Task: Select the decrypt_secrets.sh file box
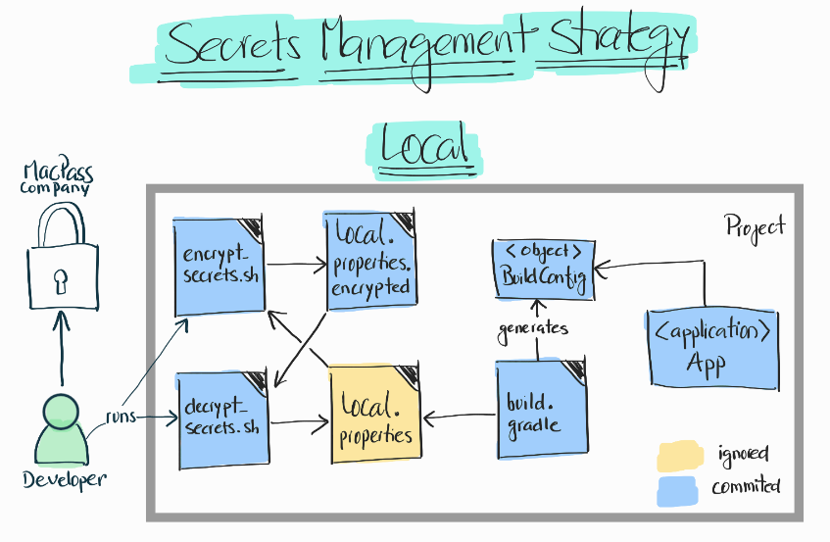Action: (223, 419)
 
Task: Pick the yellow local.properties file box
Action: (375, 413)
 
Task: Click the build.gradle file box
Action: (539, 410)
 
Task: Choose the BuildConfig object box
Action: (543, 267)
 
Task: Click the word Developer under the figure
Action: (64, 479)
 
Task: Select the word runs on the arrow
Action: (122, 417)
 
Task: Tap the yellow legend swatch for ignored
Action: (680, 455)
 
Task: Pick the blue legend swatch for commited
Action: (680, 486)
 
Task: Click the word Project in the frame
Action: (756, 226)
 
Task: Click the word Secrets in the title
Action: (235, 44)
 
